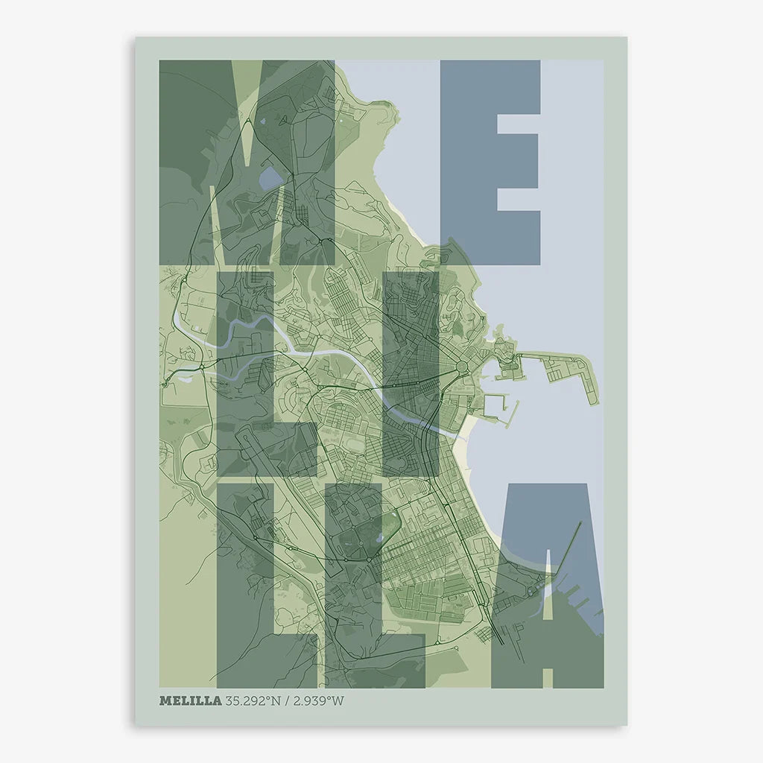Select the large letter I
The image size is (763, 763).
coord(410,373)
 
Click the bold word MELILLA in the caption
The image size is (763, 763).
coord(190,700)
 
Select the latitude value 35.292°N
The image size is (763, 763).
coord(257,700)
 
